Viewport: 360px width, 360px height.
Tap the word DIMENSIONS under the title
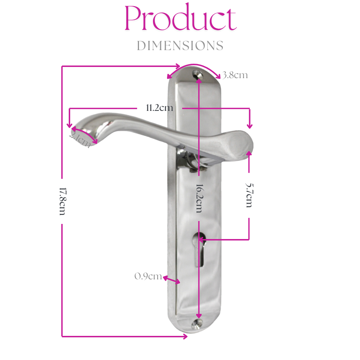click(180, 46)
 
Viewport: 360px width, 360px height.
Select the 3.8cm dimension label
click(235, 75)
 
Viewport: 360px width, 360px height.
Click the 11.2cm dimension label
click(159, 108)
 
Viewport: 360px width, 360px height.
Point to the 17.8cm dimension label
click(62, 201)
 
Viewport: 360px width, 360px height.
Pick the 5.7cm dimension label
click(249, 195)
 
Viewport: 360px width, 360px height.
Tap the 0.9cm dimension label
click(148, 276)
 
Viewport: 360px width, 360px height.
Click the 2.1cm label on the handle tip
click(80, 140)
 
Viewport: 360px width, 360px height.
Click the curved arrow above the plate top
click(194, 68)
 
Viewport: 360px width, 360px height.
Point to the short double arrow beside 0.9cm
click(171, 279)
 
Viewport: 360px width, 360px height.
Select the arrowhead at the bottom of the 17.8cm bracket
click(185, 337)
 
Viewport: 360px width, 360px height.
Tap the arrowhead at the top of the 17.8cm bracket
click(177, 66)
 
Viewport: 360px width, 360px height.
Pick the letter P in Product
click(132, 19)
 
